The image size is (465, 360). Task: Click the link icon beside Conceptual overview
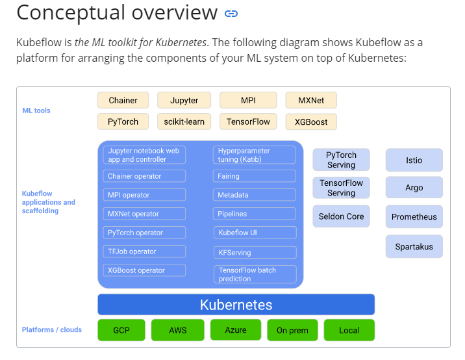[x=231, y=13]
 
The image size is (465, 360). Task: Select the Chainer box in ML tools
[x=123, y=100]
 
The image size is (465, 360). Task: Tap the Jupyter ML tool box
[x=184, y=100]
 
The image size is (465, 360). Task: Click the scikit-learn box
[x=184, y=122]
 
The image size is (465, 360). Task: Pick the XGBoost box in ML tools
[x=311, y=122]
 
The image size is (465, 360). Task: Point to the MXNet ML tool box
[x=311, y=100]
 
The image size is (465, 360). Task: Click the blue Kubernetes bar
[x=236, y=305]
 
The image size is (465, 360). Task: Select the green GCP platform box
[x=121, y=330]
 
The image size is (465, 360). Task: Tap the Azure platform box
[x=236, y=330]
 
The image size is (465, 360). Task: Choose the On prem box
[x=292, y=330]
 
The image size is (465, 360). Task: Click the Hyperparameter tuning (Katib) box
[x=254, y=155]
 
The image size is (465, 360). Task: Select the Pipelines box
[x=254, y=214]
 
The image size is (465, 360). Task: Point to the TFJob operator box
[x=144, y=251]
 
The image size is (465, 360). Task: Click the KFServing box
[x=254, y=252]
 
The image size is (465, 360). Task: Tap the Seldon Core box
[x=341, y=216]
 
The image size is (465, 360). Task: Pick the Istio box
[x=414, y=160]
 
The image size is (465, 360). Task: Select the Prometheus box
[x=414, y=217]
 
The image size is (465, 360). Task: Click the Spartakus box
[x=414, y=247]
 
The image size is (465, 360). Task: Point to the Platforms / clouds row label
[x=52, y=329]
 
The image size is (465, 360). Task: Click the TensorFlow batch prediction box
[x=254, y=274]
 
